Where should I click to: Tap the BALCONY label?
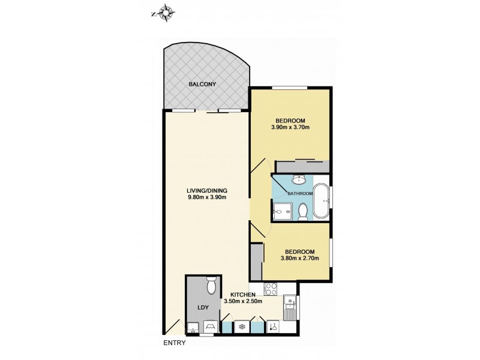click(x=202, y=85)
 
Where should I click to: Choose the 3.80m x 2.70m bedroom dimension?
click(x=299, y=259)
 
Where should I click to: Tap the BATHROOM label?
click(x=300, y=194)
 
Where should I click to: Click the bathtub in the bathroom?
click(x=322, y=201)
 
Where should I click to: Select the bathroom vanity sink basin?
click(x=298, y=179)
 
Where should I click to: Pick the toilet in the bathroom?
click(x=303, y=211)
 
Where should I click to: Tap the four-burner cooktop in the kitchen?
click(x=271, y=289)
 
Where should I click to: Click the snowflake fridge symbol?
click(x=242, y=327)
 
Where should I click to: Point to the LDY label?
click(x=202, y=308)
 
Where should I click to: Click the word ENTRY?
click(x=174, y=343)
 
